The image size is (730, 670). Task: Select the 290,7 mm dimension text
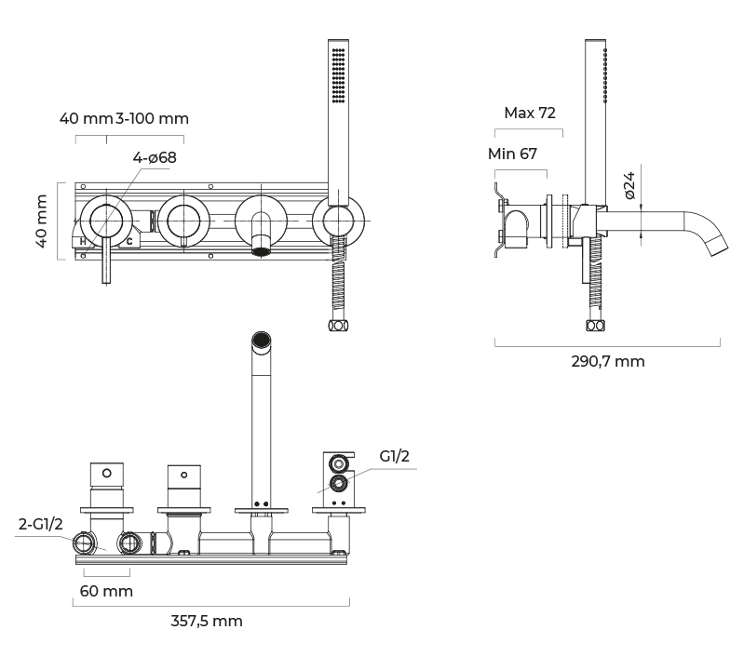click(607, 361)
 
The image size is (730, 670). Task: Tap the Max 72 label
click(530, 113)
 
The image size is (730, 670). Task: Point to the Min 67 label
click(512, 154)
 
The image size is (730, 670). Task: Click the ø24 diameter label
click(629, 185)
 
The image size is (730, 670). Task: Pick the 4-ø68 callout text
click(155, 157)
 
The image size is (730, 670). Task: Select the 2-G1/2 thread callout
click(41, 525)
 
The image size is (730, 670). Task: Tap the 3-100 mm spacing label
click(152, 118)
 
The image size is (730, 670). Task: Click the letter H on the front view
click(84, 242)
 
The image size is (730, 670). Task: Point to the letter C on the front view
click(129, 242)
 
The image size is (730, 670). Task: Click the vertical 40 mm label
click(41, 221)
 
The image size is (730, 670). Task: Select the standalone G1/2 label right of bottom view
click(395, 457)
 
